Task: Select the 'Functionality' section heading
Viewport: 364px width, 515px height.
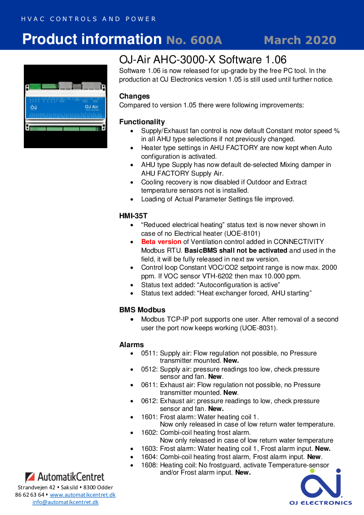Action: [x=142, y=122]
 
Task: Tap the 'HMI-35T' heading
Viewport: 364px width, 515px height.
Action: [x=133, y=215]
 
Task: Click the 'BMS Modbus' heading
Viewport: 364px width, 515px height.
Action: [x=142, y=310]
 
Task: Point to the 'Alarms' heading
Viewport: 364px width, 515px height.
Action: [x=132, y=344]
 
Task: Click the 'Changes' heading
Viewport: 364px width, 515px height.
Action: [x=134, y=96]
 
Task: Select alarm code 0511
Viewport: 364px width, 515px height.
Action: [x=149, y=353]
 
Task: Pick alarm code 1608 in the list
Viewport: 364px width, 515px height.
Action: [x=149, y=465]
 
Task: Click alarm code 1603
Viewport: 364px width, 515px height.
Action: [x=149, y=449]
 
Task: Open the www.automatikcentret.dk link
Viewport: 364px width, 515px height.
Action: [x=83, y=495]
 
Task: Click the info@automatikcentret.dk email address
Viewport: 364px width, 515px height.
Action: [x=65, y=502]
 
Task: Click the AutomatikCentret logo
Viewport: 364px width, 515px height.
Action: [x=65, y=477]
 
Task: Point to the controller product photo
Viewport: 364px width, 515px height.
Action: [x=66, y=106]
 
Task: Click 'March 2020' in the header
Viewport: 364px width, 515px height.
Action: [x=300, y=40]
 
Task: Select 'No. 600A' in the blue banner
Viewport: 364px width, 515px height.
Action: [x=194, y=40]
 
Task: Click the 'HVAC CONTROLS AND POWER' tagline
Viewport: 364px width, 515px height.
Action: [x=88, y=19]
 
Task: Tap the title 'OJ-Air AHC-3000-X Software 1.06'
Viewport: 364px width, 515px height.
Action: [x=203, y=60]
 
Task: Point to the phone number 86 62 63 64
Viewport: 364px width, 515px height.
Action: [x=30, y=495]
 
